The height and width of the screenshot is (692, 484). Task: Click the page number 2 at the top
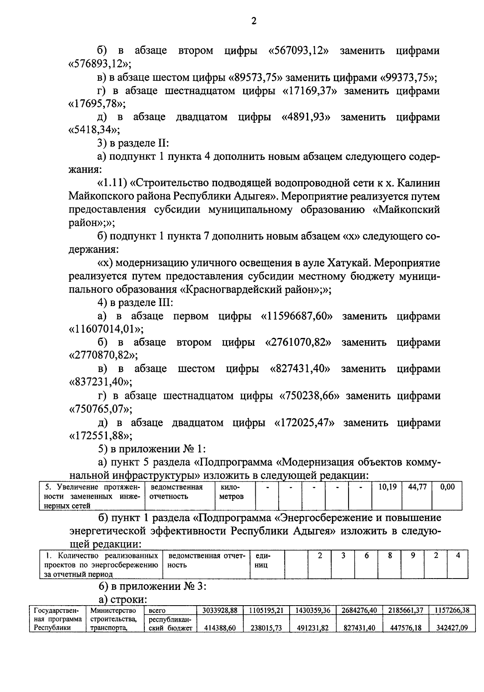(x=253, y=21)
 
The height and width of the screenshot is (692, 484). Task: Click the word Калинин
(x=418, y=183)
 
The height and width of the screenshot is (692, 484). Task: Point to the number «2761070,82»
(x=298, y=342)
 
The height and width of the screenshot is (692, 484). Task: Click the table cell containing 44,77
(x=417, y=487)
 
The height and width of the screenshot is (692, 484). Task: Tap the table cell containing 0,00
(x=447, y=487)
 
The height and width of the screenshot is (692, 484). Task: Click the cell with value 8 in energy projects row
(x=390, y=556)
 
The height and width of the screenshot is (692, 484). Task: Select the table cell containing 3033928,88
(x=219, y=610)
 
